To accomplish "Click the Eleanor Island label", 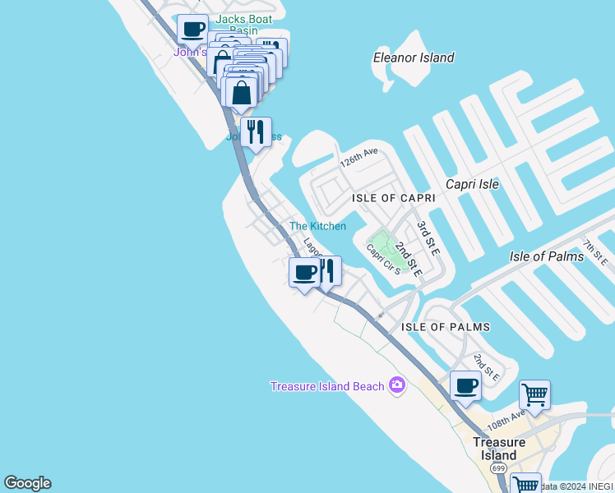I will [414, 58].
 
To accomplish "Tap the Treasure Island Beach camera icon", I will [398, 385].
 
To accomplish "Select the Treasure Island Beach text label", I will [328, 386].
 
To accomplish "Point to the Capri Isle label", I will [472, 184].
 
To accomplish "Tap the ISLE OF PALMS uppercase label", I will [445, 327].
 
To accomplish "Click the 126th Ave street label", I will [359, 156].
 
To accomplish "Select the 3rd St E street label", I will [425, 233].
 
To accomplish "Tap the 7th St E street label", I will [596, 254].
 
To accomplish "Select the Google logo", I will [27, 483].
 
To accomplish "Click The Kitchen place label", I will [317, 226].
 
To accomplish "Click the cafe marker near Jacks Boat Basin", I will [192, 30].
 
